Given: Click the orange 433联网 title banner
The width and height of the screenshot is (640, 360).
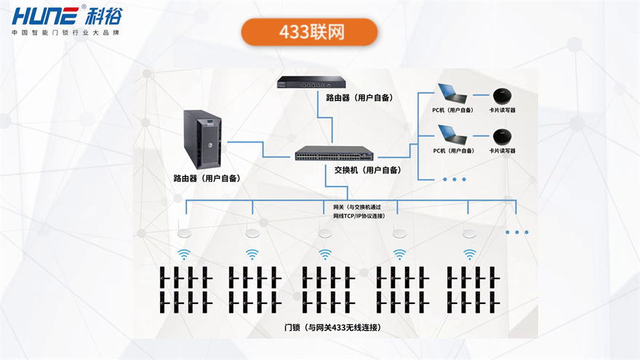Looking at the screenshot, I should click(x=310, y=33).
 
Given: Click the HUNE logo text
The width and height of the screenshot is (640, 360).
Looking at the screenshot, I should click(x=44, y=15).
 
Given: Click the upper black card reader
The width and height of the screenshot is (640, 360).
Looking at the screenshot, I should click(x=501, y=96).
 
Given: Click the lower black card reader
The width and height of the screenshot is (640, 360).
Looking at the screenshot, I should click(x=501, y=137).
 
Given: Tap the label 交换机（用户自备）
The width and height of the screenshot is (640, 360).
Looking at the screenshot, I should click(x=367, y=170).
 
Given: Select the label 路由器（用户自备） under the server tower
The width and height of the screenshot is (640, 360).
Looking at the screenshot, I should click(x=207, y=178).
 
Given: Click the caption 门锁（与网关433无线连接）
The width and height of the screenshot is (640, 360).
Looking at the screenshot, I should click(x=332, y=328).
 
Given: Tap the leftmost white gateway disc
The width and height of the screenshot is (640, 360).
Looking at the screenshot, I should click(x=183, y=233).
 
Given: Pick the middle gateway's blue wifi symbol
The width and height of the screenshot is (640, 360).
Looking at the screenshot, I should click(x=325, y=255).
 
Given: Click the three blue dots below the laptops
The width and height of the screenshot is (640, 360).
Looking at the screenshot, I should click(x=454, y=179).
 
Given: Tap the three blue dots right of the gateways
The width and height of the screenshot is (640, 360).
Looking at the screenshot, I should click(x=517, y=233).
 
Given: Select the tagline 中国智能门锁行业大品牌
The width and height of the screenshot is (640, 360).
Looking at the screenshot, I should click(x=65, y=33).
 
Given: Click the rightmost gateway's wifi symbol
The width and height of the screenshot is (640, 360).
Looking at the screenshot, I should click(x=470, y=255).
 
